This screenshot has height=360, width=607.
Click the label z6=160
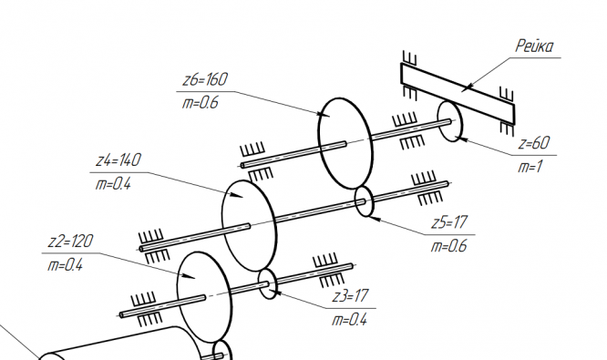click(205, 79)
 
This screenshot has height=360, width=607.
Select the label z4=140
click(118, 159)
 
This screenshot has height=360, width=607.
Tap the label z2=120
click(70, 242)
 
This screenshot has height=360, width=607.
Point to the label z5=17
click(449, 222)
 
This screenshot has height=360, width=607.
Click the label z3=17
click(350, 296)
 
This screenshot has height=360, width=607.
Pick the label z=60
click(534, 143)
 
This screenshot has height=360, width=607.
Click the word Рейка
click(535, 46)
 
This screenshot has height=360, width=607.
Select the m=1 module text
click(530, 167)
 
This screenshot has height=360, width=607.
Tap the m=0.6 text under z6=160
click(201, 103)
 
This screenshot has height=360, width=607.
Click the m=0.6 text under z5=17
click(449, 246)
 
